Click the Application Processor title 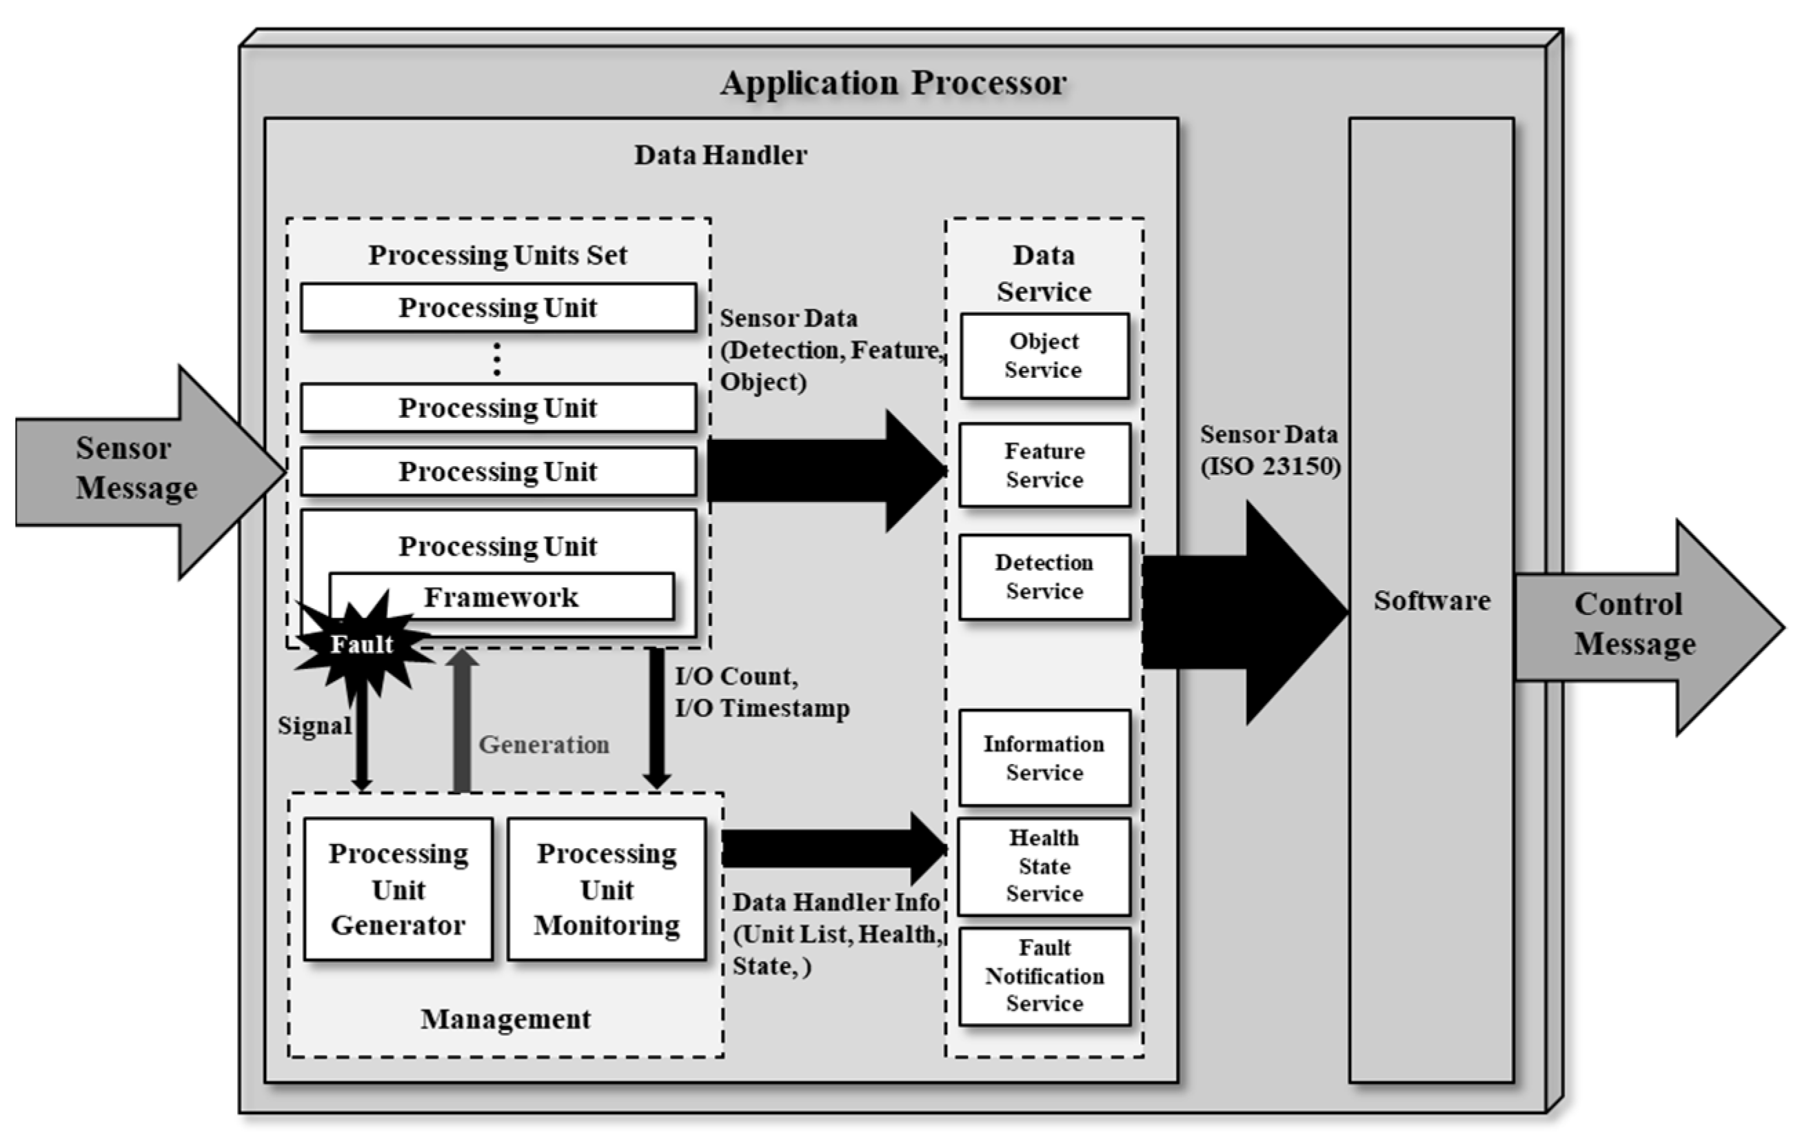pyautogui.click(x=893, y=82)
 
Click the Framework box pyautogui.click(x=501, y=596)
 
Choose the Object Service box pyautogui.click(x=1044, y=356)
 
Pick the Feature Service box pyautogui.click(x=1044, y=465)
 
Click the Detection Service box pyautogui.click(x=1044, y=576)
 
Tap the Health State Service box pyautogui.click(x=1044, y=866)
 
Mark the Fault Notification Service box pyautogui.click(x=1044, y=976)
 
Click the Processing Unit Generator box pyautogui.click(x=398, y=888)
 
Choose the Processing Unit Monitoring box pyautogui.click(x=606, y=888)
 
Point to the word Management pyautogui.click(x=505, y=1018)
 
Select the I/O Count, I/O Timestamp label pyautogui.click(x=761, y=692)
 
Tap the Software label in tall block pyautogui.click(x=1431, y=601)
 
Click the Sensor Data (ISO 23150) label pyautogui.click(x=1270, y=450)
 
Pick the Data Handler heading pyautogui.click(x=720, y=155)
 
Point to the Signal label pyautogui.click(x=314, y=725)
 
